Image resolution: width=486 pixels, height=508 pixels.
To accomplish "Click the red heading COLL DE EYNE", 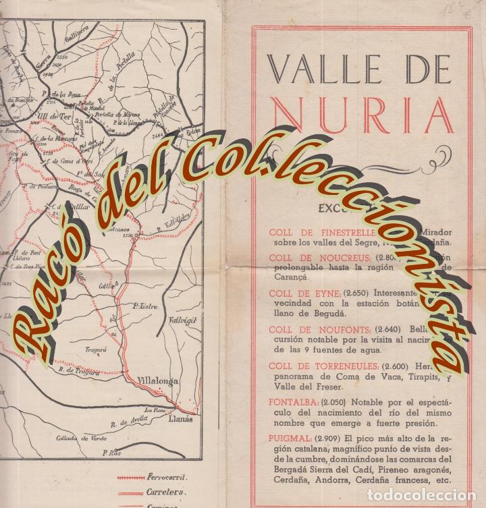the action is tap(297, 293).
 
